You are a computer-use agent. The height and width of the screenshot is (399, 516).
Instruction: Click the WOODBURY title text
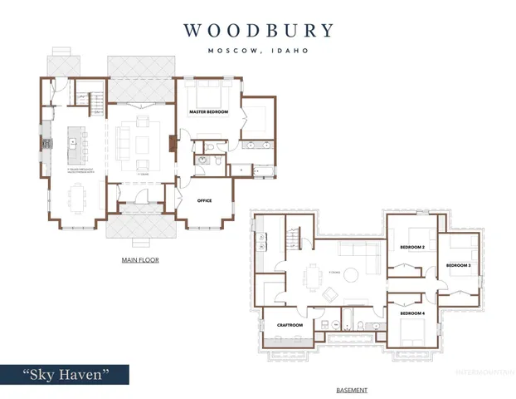(258, 31)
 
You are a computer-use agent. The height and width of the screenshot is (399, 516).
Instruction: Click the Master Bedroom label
(207, 111)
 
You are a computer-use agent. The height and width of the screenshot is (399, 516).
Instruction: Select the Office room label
(204, 200)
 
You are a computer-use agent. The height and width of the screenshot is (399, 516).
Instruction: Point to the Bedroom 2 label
(412, 247)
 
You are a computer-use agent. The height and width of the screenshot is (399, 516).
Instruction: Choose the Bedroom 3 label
(458, 265)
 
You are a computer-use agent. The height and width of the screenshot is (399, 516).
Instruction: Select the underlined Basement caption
(352, 389)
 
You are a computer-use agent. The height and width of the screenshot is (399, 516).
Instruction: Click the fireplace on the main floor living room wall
(172, 143)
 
